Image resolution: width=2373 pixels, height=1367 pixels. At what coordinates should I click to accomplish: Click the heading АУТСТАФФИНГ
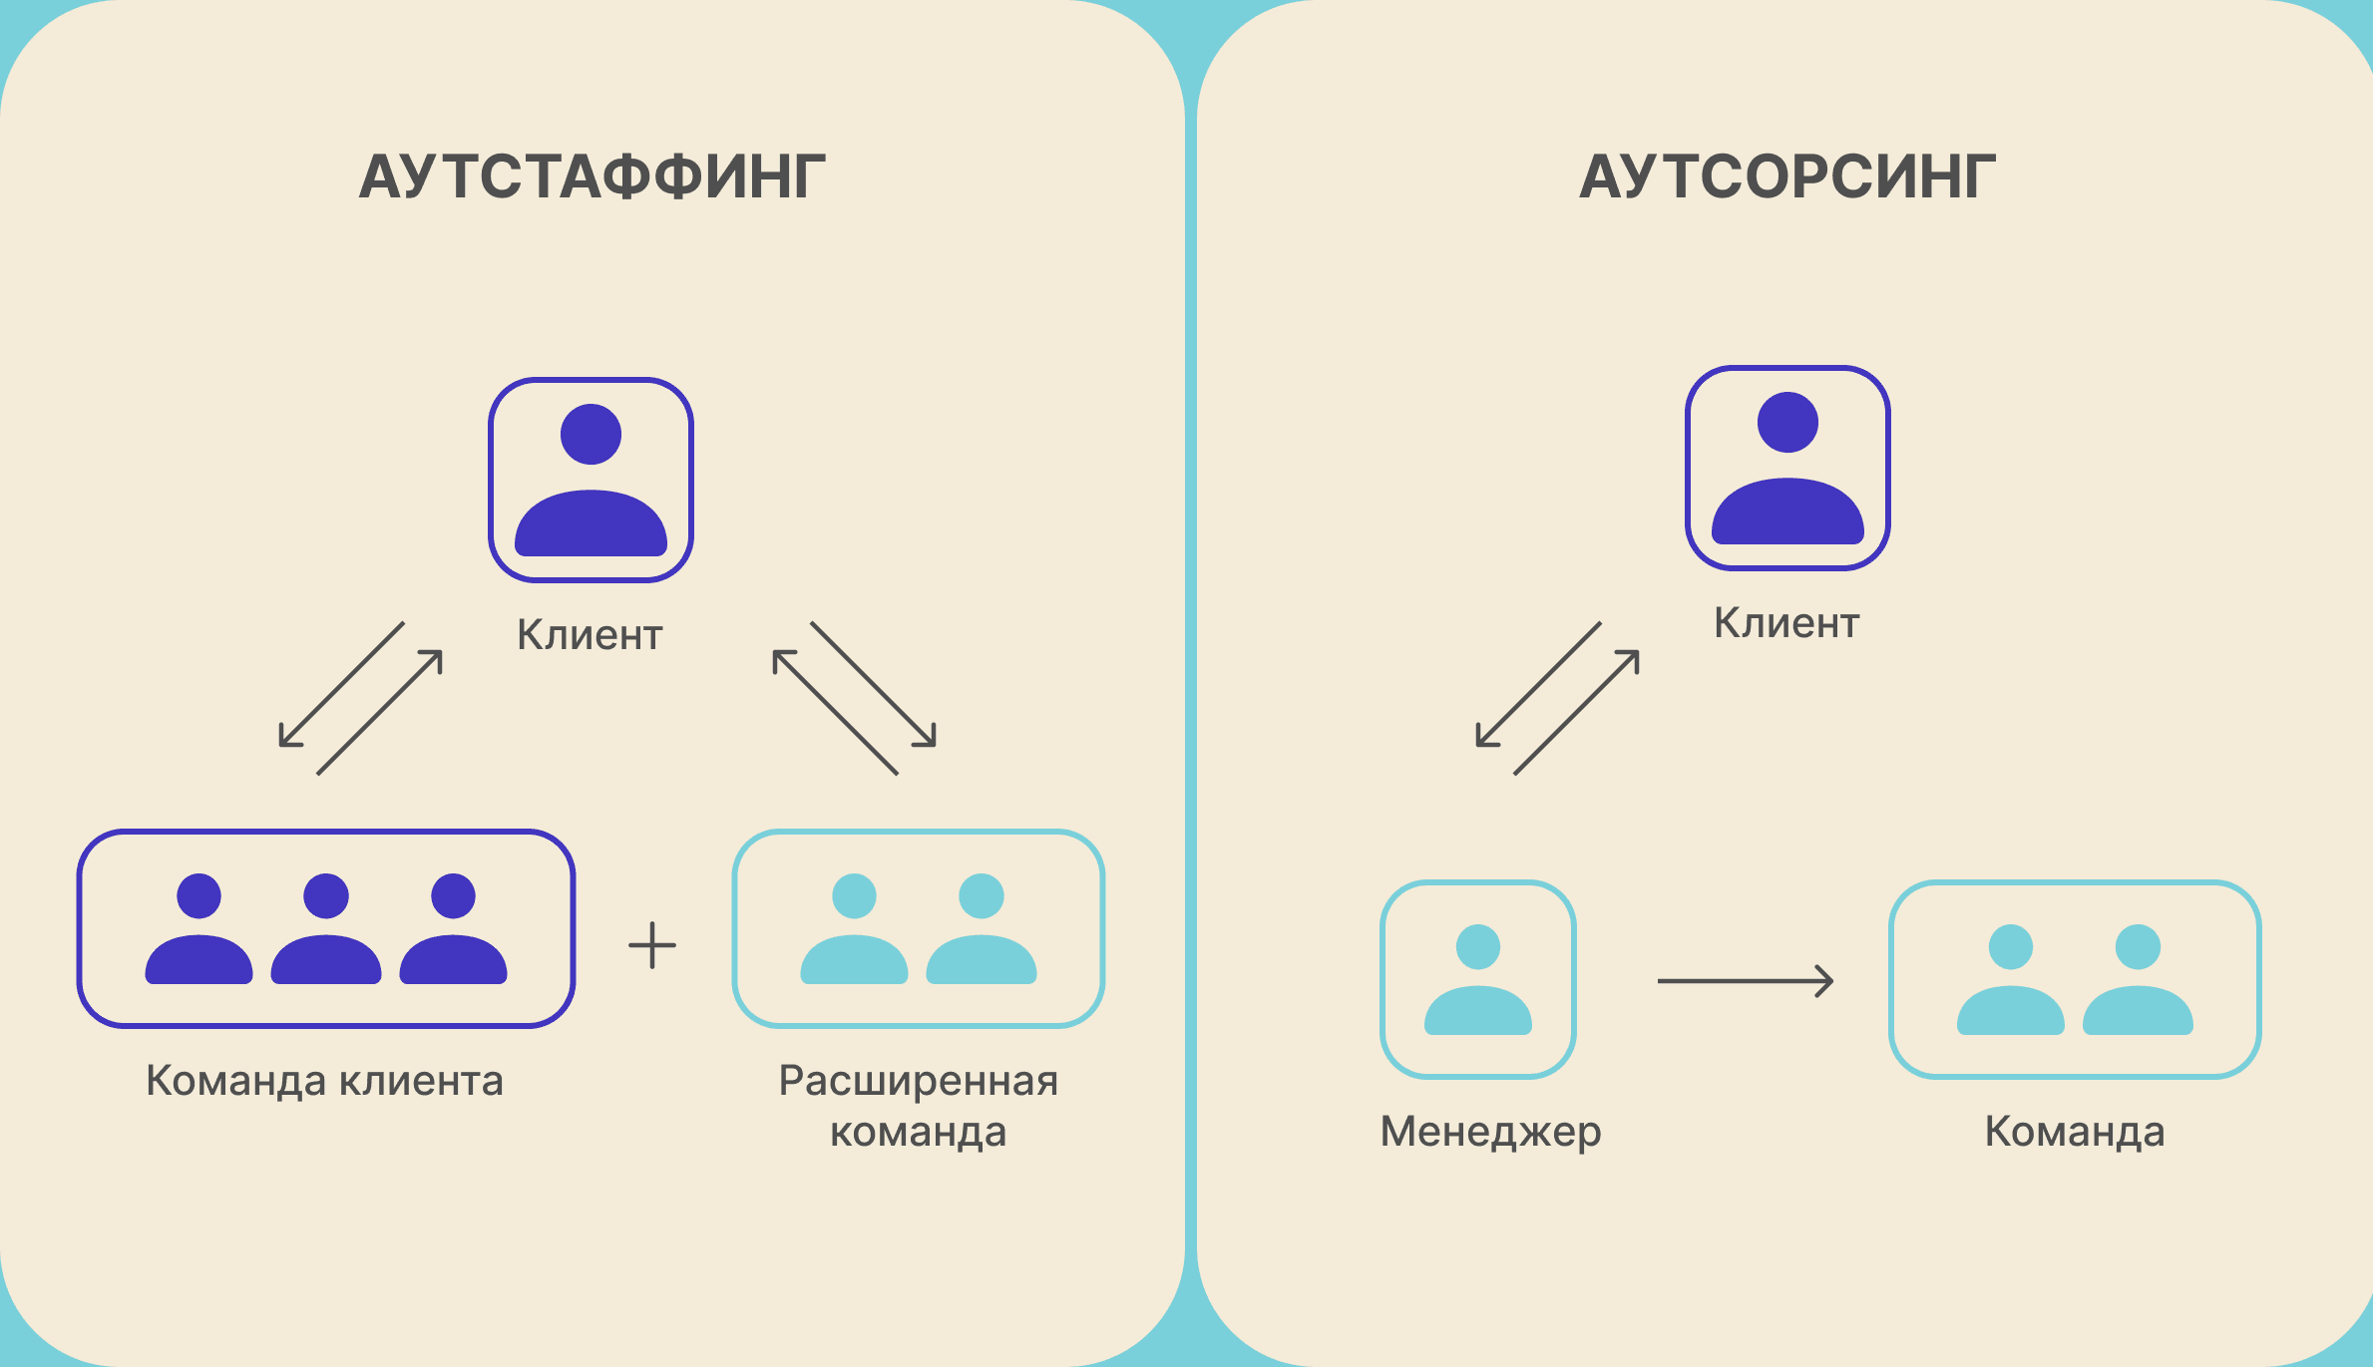pos(593,177)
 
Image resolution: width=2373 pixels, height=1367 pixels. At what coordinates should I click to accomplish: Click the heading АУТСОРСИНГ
pos(1787,177)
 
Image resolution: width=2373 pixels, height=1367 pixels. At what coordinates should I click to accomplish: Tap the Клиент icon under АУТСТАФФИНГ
pos(591,480)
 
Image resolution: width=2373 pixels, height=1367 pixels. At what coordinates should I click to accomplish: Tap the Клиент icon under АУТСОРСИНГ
pos(1787,468)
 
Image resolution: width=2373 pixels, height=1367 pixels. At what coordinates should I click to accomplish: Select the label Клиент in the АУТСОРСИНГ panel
pos(1786,623)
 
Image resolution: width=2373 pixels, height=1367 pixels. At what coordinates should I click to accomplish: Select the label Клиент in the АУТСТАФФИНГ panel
pos(590,635)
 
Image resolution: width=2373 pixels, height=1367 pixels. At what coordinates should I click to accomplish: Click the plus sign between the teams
pos(652,945)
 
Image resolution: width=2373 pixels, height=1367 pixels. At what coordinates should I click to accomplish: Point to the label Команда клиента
pos(324,1081)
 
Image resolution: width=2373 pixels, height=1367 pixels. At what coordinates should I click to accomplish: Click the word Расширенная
pos(918,1081)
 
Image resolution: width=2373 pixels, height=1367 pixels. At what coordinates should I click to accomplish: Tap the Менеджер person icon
pos(1478,979)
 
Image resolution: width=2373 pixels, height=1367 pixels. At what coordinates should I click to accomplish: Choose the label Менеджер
pos(1490,1132)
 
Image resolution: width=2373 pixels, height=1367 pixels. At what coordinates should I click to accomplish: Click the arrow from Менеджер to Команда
pos(1746,981)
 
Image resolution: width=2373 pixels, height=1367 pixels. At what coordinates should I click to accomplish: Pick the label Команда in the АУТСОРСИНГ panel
pos(2075,1132)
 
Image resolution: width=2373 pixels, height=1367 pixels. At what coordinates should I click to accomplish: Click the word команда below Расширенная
pos(918,1133)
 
